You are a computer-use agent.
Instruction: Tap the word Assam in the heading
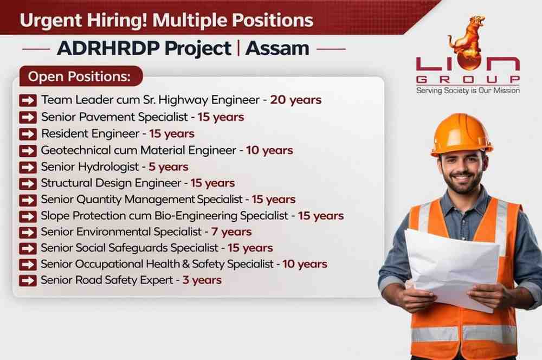pyautogui.click(x=277, y=48)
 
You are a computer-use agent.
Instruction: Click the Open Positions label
pyautogui.click(x=79, y=76)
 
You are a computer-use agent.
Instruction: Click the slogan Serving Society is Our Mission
pyautogui.click(x=468, y=91)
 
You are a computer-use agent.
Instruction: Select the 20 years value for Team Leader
pyautogui.click(x=296, y=100)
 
